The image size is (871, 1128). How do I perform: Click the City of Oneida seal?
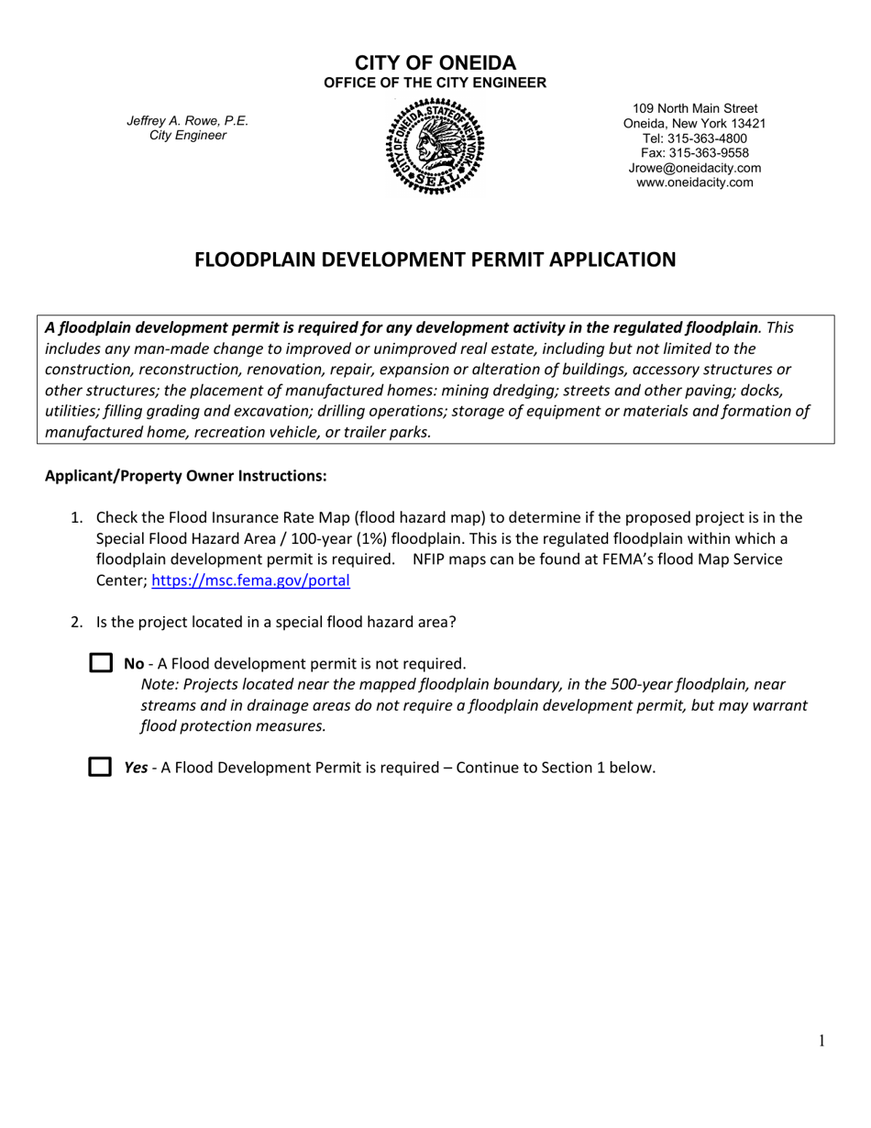pos(435,147)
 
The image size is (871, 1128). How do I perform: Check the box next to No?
pos(100,663)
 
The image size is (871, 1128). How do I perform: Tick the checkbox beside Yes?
pos(100,767)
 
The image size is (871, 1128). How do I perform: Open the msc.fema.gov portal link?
pos(250,581)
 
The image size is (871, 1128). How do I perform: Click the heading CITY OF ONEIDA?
pos(435,63)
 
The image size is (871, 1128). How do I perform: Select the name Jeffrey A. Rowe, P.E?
pos(187,121)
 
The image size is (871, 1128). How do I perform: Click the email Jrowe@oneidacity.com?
pos(694,168)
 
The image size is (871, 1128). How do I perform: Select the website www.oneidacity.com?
pos(694,182)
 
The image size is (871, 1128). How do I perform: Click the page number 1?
pos(821,1040)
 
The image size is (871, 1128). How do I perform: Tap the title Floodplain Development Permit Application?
pos(435,260)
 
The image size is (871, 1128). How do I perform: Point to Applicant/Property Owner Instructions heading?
pos(185,476)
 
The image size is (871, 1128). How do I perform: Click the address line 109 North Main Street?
pos(694,109)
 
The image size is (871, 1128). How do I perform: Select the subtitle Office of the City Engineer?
pos(435,83)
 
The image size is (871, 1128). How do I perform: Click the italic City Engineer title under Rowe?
pos(187,136)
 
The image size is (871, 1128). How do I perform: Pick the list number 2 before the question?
pos(77,622)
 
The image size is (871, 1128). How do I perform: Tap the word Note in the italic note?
pos(160,684)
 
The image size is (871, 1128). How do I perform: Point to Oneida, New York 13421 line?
pos(694,124)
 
